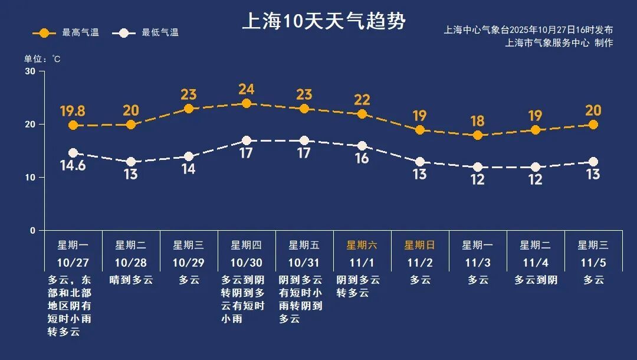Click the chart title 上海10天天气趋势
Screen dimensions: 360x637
[324, 22]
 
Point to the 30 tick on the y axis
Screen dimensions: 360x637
[30, 71]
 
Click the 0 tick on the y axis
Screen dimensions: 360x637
[33, 231]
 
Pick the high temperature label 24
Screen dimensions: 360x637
[247, 90]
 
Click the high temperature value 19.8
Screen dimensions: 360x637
[73, 111]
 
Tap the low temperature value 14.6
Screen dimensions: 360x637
[73, 166]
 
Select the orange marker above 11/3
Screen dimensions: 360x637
[478, 135]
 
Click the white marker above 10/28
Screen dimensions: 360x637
[130, 162]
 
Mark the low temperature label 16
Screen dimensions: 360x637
[362, 158]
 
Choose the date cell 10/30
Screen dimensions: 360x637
[247, 263]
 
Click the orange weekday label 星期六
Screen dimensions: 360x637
[362, 245]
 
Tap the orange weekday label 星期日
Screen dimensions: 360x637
[419, 245]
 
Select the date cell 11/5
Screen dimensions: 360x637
[593, 263]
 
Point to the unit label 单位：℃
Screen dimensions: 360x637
[42, 59]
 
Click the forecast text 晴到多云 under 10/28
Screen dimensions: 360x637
[131, 280]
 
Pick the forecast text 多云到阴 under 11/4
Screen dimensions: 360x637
[536, 280]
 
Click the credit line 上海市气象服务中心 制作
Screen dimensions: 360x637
[559, 42]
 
